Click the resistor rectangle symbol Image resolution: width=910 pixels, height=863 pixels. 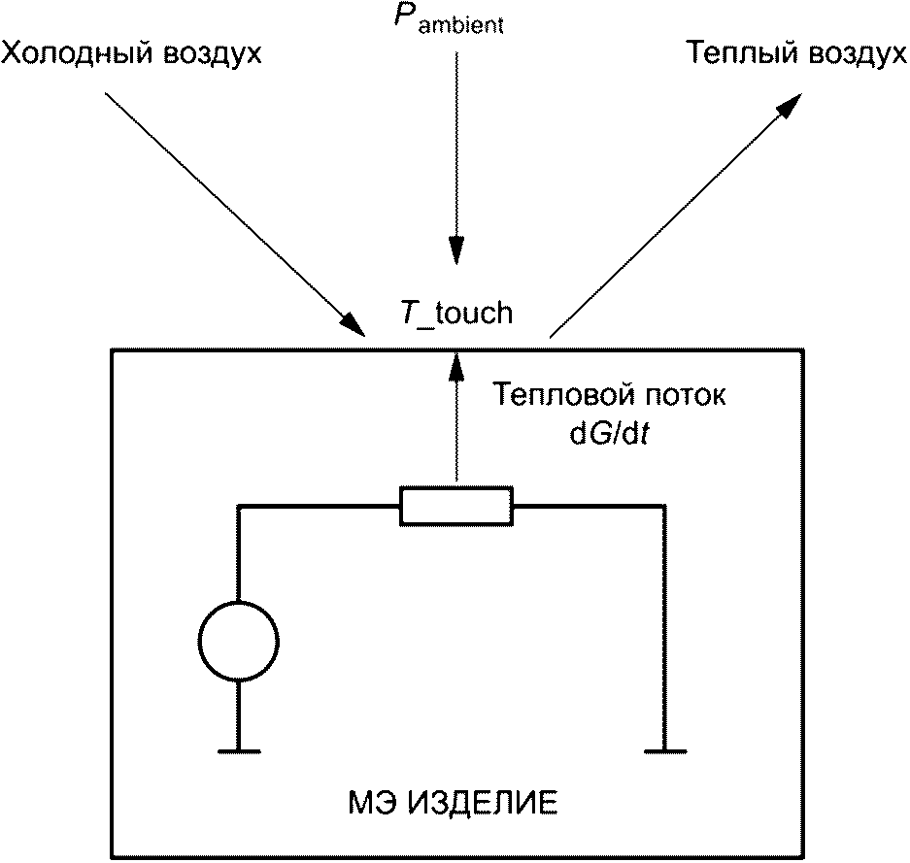(x=455, y=506)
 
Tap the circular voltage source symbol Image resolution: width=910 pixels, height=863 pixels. (x=238, y=641)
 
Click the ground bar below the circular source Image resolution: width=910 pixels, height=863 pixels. (x=238, y=750)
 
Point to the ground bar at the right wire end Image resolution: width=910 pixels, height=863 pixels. (x=665, y=750)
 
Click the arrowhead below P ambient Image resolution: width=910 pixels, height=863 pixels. (x=455, y=251)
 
